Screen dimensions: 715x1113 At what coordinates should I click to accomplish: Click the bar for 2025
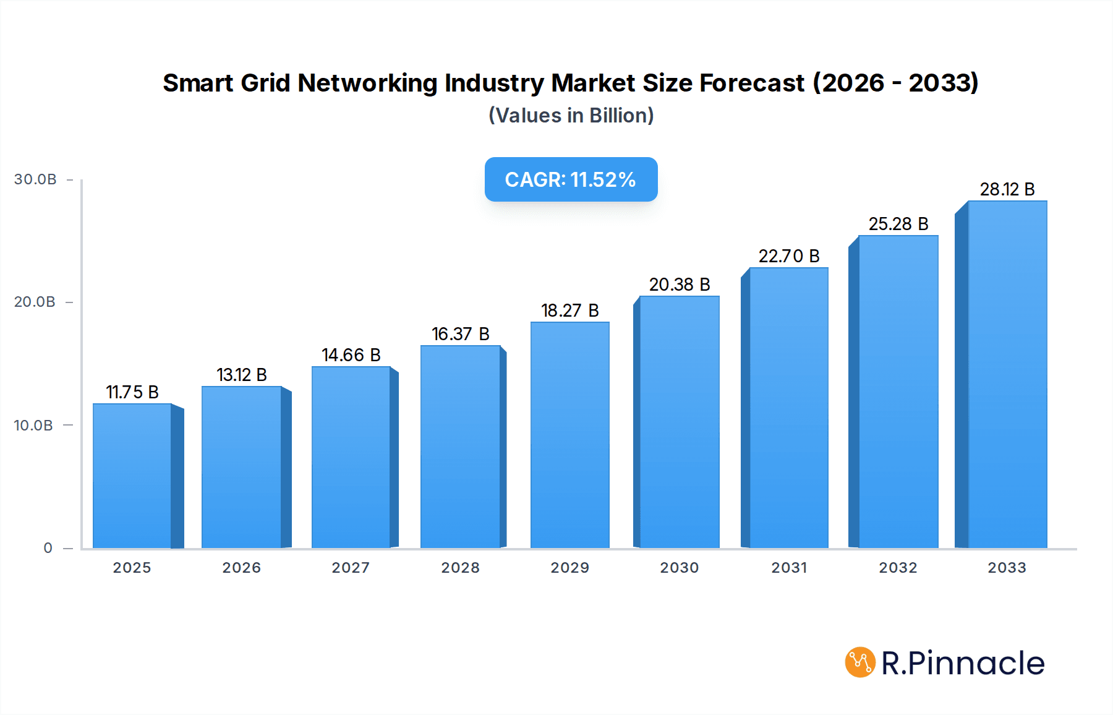point(132,476)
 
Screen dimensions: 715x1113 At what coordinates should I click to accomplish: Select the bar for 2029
point(569,435)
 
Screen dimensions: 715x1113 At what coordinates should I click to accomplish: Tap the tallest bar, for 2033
point(1007,375)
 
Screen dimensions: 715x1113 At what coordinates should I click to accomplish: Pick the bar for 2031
point(788,408)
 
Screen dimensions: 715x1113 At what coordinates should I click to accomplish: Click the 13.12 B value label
point(242,375)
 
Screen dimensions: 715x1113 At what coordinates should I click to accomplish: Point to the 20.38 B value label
point(680,285)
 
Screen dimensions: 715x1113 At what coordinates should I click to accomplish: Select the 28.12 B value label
point(1007,189)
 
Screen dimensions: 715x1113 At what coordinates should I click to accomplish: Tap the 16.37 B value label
point(461,334)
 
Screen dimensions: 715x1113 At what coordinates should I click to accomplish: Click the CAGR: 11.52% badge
point(571,179)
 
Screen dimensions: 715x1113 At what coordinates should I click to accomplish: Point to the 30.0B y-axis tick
point(35,179)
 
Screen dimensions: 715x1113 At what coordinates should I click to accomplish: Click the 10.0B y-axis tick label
point(33,426)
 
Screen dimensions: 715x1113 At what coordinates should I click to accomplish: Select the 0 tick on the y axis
point(48,548)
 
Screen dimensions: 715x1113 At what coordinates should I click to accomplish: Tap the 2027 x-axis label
point(351,568)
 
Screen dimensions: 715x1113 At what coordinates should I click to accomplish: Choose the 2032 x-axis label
point(898,568)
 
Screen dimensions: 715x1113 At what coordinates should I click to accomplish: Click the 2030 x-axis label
point(679,568)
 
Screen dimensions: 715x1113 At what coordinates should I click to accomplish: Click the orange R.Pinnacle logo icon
point(860,662)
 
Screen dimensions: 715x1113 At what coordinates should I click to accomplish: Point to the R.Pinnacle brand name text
point(963,663)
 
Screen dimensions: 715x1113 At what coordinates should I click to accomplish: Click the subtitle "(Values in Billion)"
point(571,116)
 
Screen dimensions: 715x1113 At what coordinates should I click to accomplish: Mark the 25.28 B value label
point(898,224)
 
